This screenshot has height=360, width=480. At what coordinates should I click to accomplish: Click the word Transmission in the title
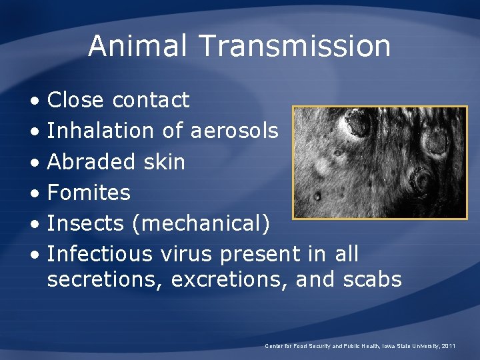[295, 46]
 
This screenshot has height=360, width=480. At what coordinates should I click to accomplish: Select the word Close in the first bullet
[75, 100]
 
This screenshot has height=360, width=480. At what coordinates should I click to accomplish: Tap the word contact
[151, 100]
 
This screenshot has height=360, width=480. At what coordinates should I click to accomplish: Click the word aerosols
[234, 131]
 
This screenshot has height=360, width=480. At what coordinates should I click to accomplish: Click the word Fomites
[89, 193]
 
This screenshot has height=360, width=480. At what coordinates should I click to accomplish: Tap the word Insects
[86, 223]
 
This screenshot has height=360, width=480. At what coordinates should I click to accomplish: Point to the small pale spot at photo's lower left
[317, 197]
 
